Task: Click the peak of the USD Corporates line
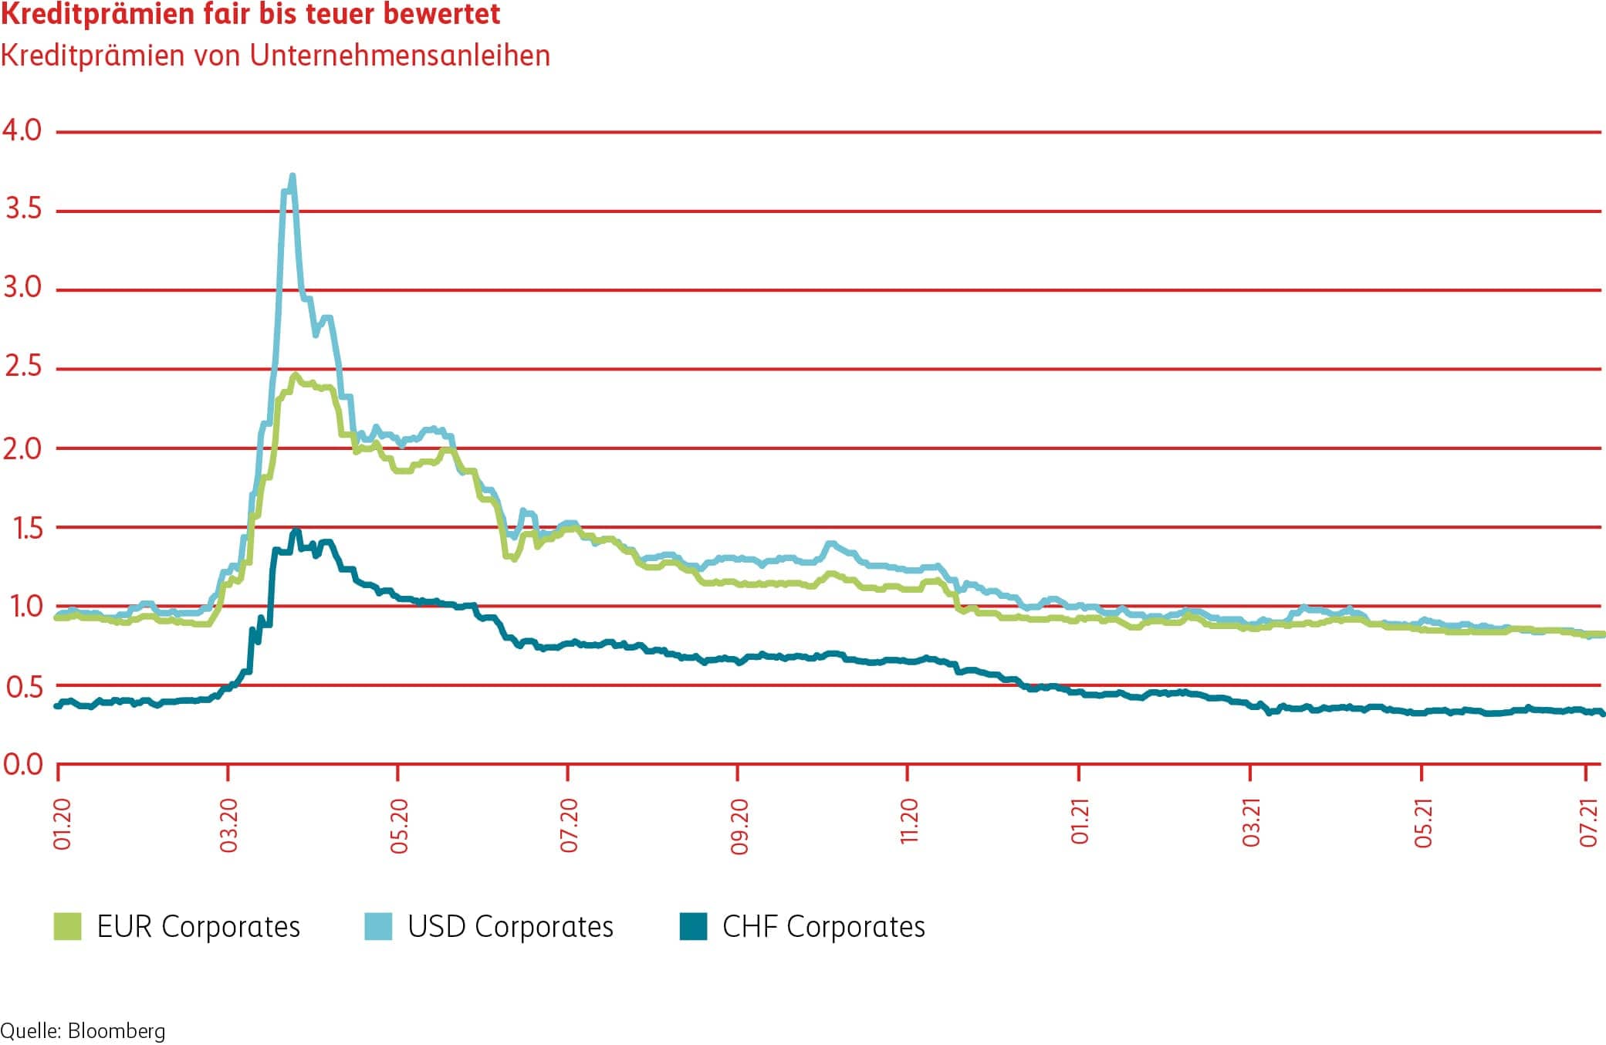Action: point(292,176)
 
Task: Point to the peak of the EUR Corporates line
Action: point(295,375)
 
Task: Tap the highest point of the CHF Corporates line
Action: point(295,532)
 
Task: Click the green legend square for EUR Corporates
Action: point(67,926)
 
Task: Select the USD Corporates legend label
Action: point(510,926)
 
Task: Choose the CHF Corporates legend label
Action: point(823,926)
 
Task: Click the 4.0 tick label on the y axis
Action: point(22,130)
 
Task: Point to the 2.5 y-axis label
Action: point(23,367)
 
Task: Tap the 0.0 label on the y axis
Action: point(23,764)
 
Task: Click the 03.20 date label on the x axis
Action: point(228,825)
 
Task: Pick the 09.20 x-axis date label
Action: point(739,826)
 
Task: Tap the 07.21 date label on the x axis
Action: point(1588,822)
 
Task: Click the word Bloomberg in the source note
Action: point(117,1031)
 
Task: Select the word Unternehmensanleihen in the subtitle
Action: point(400,56)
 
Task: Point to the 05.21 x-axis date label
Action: point(1422,823)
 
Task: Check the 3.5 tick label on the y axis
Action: point(23,209)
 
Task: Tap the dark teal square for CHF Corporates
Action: point(693,926)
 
